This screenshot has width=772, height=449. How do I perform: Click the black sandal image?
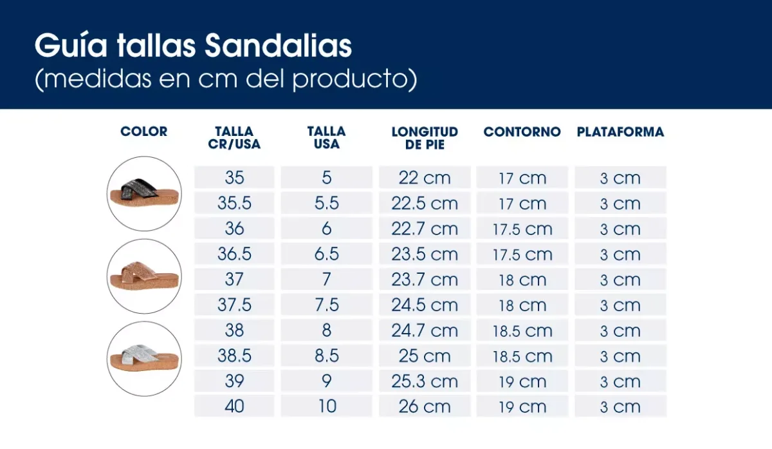click(x=144, y=193)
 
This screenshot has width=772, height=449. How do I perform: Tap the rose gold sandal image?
click(x=144, y=276)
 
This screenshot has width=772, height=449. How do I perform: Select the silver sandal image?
click(x=144, y=358)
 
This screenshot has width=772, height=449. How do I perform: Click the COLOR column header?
click(x=144, y=131)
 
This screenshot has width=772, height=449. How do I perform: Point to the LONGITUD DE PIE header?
click(x=425, y=138)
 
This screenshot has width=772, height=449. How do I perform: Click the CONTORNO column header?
click(x=522, y=131)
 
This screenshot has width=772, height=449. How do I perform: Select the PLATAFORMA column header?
click(x=620, y=131)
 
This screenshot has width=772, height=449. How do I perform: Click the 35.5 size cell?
click(x=234, y=204)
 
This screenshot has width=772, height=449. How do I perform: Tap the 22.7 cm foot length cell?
click(x=425, y=229)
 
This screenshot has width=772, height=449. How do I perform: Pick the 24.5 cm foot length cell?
click(x=425, y=305)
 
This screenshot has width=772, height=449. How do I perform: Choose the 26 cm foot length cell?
click(x=425, y=407)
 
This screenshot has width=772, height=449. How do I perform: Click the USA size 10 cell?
click(x=327, y=407)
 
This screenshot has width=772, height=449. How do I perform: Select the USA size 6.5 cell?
click(x=327, y=254)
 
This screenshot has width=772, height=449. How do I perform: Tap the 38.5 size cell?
click(x=234, y=356)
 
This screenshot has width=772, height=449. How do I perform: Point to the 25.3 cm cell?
click(x=425, y=381)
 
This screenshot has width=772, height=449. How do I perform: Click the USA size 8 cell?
click(x=327, y=330)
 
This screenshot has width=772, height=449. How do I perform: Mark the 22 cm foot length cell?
click(x=425, y=178)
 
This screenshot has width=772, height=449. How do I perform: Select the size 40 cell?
click(x=234, y=407)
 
